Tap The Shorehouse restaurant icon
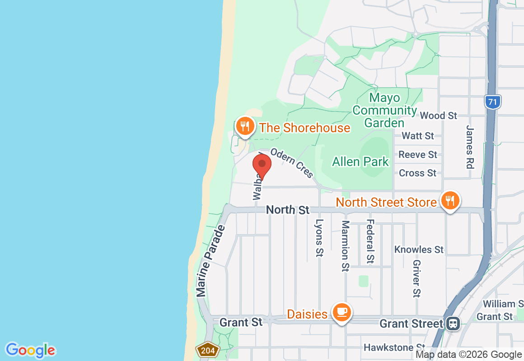click(x=245, y=126)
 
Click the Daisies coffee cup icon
click(x=342, y=312)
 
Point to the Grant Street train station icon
click(x=453, y=324)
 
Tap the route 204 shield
click(x=207, y=350)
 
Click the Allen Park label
click(x=360, y=162)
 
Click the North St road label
click(x=288, y=210)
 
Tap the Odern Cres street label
click(x=292, y=162)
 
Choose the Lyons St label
click(x=319, y=238)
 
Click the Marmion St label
click(x=346, y=246)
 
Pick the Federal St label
click(x=370, y=241)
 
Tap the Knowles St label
click(x=419, y=250)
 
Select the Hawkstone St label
click(x=394, y=347)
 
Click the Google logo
click(x=31, y=350)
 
